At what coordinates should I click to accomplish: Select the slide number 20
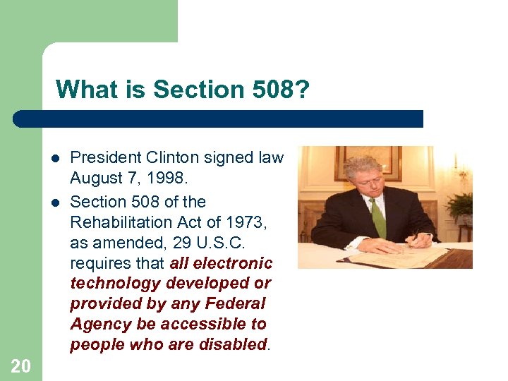coord(20,365)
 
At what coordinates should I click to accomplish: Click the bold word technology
coord(116,284)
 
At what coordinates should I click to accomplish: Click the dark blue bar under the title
coord(219,119)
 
